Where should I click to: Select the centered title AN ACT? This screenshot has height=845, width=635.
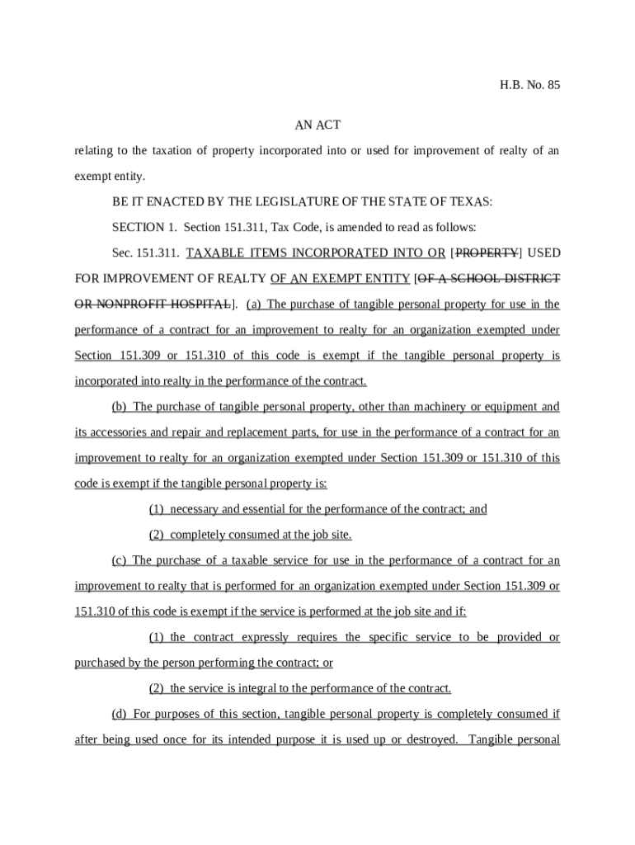tap(317, 125)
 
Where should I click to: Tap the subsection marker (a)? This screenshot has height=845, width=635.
tap(253, 304)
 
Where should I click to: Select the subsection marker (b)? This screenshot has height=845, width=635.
tap(120, 407)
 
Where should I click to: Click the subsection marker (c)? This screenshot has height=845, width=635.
tap(120, 560)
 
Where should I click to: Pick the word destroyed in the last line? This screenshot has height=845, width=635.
tap(429, 739)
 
